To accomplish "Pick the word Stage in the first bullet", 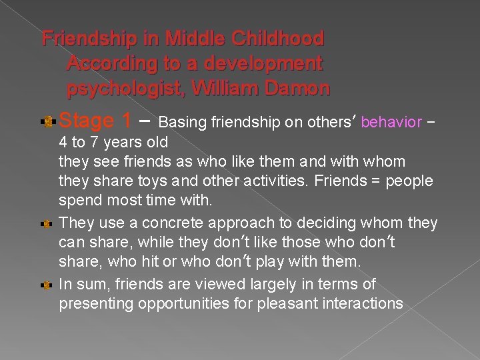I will click(87, 121).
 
